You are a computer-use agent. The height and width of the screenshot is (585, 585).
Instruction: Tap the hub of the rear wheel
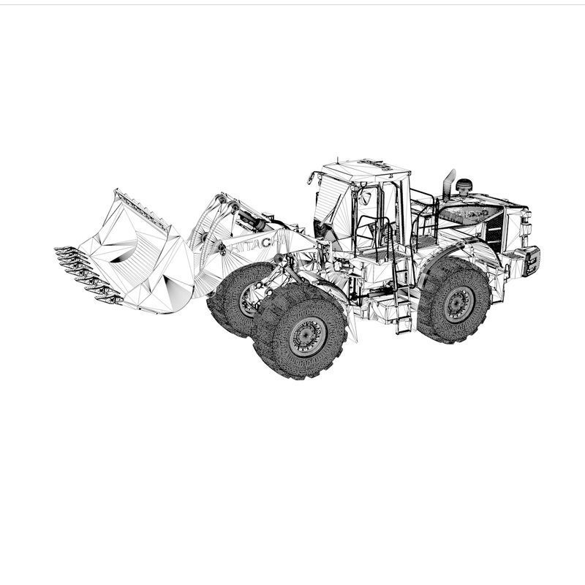coord(459,303)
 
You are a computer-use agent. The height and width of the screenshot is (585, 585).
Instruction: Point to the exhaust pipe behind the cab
coord(448,184)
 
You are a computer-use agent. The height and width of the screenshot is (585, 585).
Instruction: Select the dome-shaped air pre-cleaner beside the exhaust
coord(464,186)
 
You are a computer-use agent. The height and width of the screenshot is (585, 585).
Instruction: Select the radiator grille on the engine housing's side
coord(495,227)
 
